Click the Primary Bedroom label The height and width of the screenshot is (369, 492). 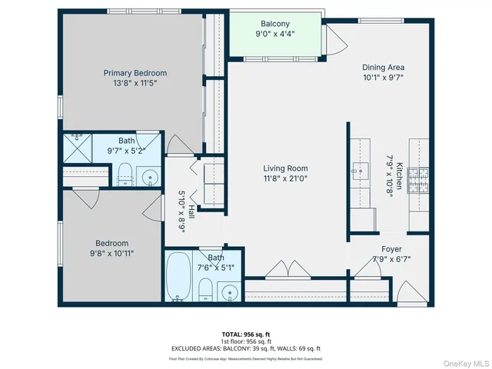(x=135, y=73)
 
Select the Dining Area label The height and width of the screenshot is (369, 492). (x=383, y=68)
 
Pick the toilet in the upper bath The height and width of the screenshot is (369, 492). (x=125, y=176)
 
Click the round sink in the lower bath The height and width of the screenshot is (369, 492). (x=228, y=293)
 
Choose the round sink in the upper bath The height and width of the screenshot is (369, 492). (x=151, y=176)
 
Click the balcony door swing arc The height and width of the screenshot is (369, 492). (x=334, y=38)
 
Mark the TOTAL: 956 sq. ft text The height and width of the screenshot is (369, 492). (x=245, y=334)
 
